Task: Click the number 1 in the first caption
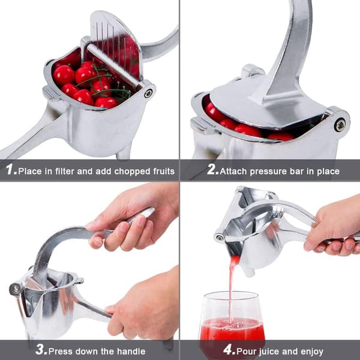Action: [x=10, y=169]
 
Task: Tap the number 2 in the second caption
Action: [x=211, y=169]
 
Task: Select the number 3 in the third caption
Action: [x=40, y=349]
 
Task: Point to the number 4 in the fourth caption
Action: [x=228, y=349]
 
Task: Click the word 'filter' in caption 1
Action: [x=64, y=171]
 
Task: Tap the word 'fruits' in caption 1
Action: [x=164, y=171]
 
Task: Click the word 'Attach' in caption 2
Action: [x=233, y=171]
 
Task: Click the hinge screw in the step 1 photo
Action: [x=148, y=93]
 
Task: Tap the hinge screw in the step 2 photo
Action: [x=340, y=125]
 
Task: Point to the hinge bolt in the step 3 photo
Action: [x=16, y=289]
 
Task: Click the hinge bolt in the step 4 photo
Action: [x=220, y=238]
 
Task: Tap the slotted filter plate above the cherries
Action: [x=116, y=46]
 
